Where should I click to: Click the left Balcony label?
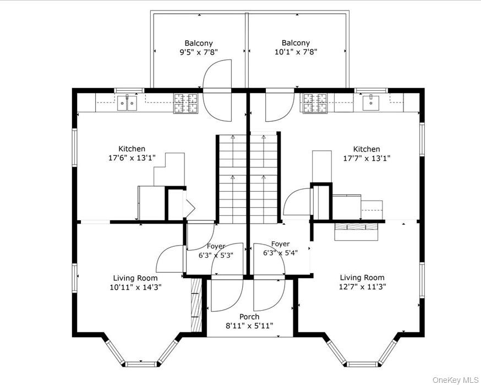coord(199,44)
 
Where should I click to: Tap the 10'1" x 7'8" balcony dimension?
coord(296,52)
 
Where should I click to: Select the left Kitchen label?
coord(132,149)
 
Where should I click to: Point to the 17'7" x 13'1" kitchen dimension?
coord(367,159)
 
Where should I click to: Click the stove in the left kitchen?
coord(186,103)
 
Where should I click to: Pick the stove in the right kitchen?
coord(315,103)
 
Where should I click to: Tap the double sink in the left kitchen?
coord(127,103)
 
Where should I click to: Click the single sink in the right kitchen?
coord(371,103)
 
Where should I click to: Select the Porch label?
coord(249,317)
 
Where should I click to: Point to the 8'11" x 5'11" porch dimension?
coord(249,326)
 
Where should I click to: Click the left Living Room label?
coord(135,278)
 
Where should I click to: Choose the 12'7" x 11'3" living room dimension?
coord(362,287)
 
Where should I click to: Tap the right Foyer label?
coord(280,244)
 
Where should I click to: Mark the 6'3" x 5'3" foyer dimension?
coord(216,255)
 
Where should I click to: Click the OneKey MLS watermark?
coord(455,380)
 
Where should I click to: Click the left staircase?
coord(233,179)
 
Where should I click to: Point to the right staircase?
coord(264,178)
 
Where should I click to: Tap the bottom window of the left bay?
coord(141,364)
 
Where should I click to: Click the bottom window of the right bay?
coord(363,364)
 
